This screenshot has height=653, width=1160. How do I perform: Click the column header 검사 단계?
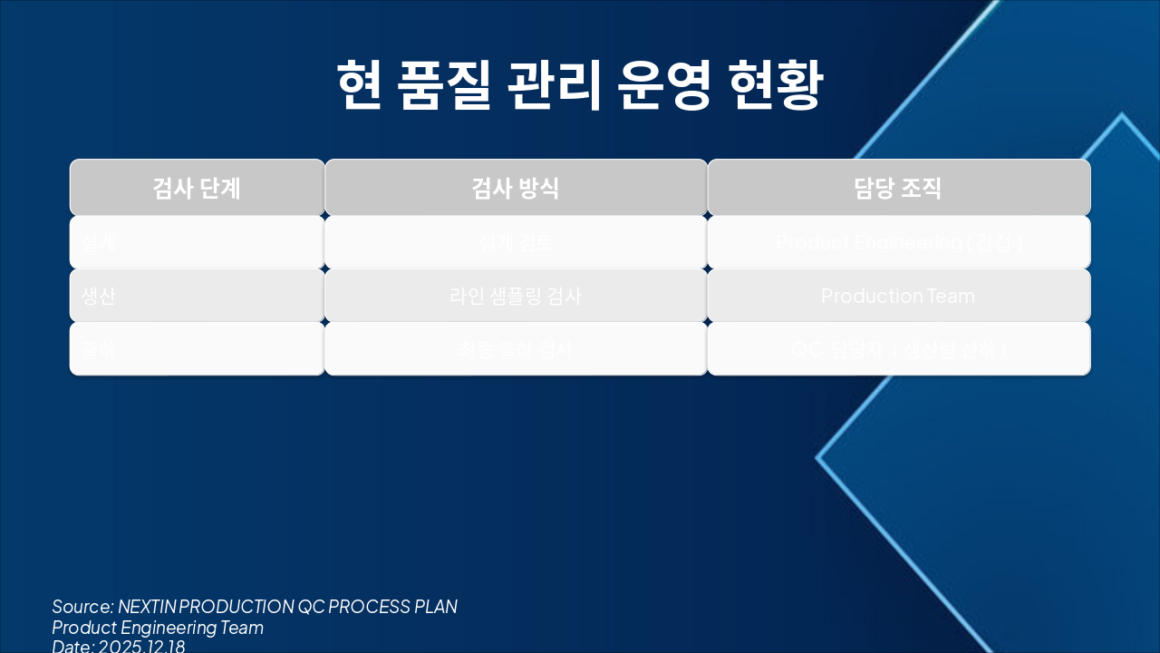coord(197,189)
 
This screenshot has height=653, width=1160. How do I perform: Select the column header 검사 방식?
coord(516,189)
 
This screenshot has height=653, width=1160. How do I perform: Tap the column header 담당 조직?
coord(898,189)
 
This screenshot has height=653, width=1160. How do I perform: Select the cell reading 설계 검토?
coord(516,242)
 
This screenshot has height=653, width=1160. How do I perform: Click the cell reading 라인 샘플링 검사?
coord(516,296)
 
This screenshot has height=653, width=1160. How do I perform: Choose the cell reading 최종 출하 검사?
coord(516,349)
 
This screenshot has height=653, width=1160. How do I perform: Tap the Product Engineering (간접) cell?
coord(898,242)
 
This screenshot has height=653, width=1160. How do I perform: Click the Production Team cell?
coord(898,296)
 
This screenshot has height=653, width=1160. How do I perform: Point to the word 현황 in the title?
coord(776,86)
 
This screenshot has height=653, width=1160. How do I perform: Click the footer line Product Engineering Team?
coord(158,628)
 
